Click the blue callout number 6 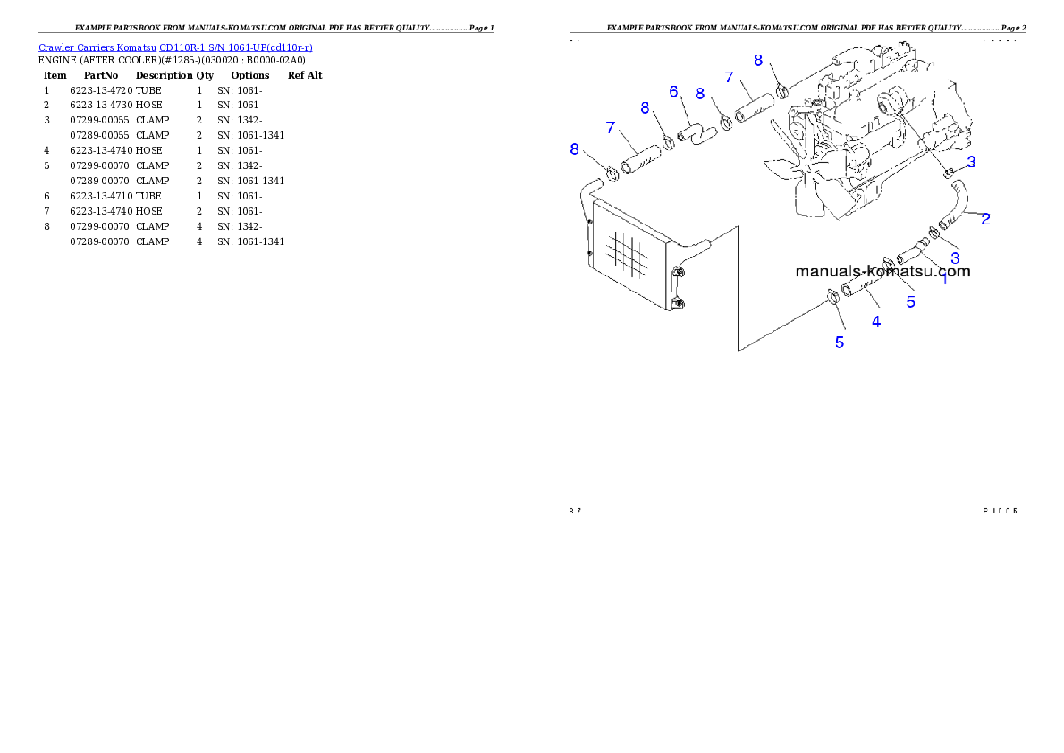(673, 91)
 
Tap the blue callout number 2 (984, 218)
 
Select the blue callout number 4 (876, 321)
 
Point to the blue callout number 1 (944, 278)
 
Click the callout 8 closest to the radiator (575, 149)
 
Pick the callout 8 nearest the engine (758, 60)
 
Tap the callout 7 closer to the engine (729, 78)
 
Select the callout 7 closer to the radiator (611, 127)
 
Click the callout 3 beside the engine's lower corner (971, 162)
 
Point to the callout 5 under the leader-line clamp (839, 342)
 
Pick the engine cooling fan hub (806, 168)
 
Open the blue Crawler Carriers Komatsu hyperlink (175, 47)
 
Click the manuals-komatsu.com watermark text (882, 271)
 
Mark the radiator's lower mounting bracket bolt (678, 305)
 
